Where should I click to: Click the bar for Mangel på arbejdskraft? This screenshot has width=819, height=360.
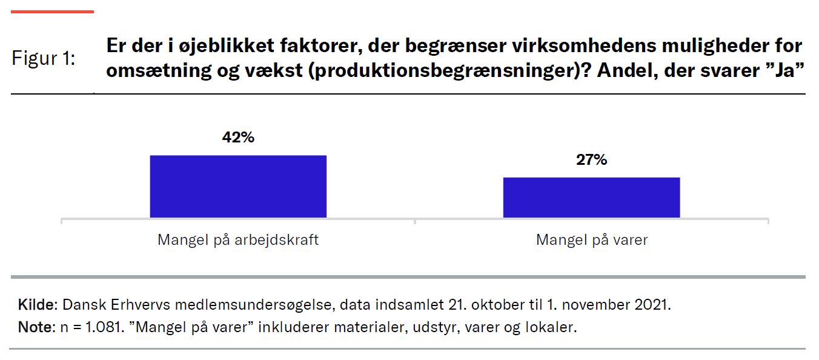(x=238, y=187)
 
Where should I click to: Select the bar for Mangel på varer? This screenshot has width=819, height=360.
(x=591, y=198)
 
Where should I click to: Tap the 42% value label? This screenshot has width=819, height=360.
(x=238, y=138)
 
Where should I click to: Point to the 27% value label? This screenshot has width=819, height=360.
(x=591, y=160)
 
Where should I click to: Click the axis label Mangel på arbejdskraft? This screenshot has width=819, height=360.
(x=238, y=240)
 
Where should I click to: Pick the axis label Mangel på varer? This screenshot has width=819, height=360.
(x=591, y=240)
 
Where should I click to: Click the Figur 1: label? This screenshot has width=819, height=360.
(x=44, y=59)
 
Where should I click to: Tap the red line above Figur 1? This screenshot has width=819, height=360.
(x=53, y=12)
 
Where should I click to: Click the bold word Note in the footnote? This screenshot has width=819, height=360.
(x=35, y=328)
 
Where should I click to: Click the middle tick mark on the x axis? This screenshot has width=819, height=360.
(x=415, y=221)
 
